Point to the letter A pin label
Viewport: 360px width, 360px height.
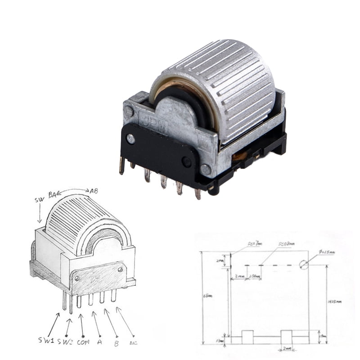(x=99, y=342)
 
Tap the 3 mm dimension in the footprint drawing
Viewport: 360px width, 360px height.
(x=239, y=276)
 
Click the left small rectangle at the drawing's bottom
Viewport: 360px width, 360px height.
(x=247, y=336)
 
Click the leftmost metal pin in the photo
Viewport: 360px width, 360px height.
(x=122, y=166)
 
